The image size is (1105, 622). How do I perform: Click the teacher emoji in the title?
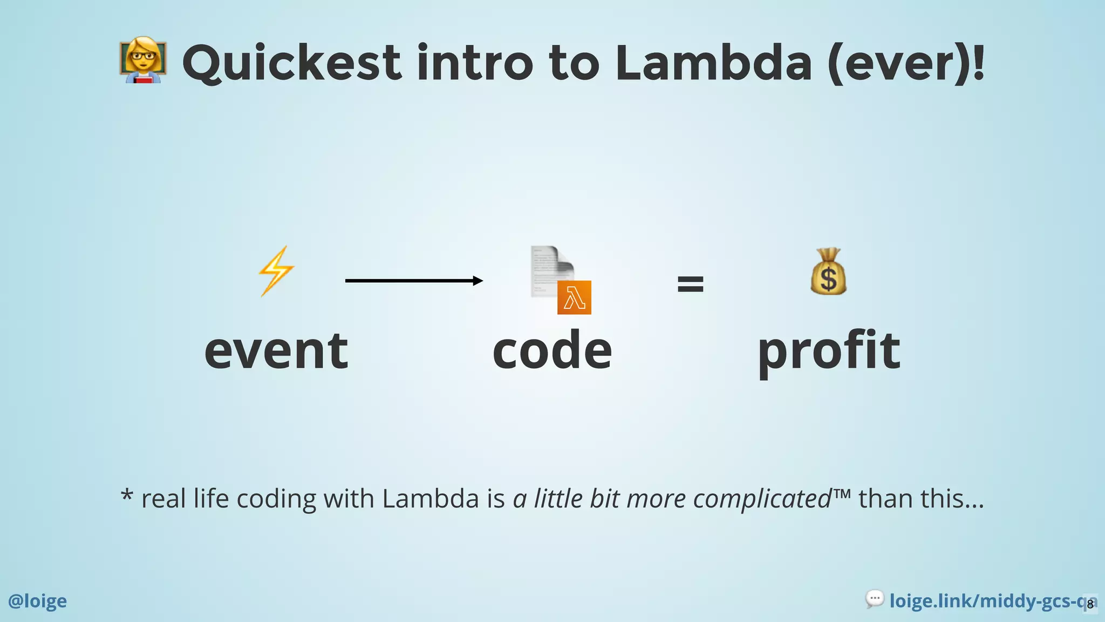143,60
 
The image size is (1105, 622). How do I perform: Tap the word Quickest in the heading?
291,63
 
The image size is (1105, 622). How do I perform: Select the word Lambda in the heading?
713,63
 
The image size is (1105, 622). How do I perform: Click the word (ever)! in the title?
906,64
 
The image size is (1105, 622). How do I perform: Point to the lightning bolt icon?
276,271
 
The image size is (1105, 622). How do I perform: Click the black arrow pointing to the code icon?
414,281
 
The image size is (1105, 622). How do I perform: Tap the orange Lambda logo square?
574,298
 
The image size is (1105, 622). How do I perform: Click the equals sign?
690,283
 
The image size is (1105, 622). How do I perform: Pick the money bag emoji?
828,272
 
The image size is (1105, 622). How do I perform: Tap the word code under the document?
552,351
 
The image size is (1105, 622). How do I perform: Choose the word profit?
829,352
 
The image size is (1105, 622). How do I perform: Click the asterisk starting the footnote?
127,495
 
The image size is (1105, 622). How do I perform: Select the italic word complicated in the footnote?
762,499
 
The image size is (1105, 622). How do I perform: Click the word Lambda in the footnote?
431,498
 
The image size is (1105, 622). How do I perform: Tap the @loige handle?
38,601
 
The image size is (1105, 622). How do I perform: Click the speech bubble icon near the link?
874,599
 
